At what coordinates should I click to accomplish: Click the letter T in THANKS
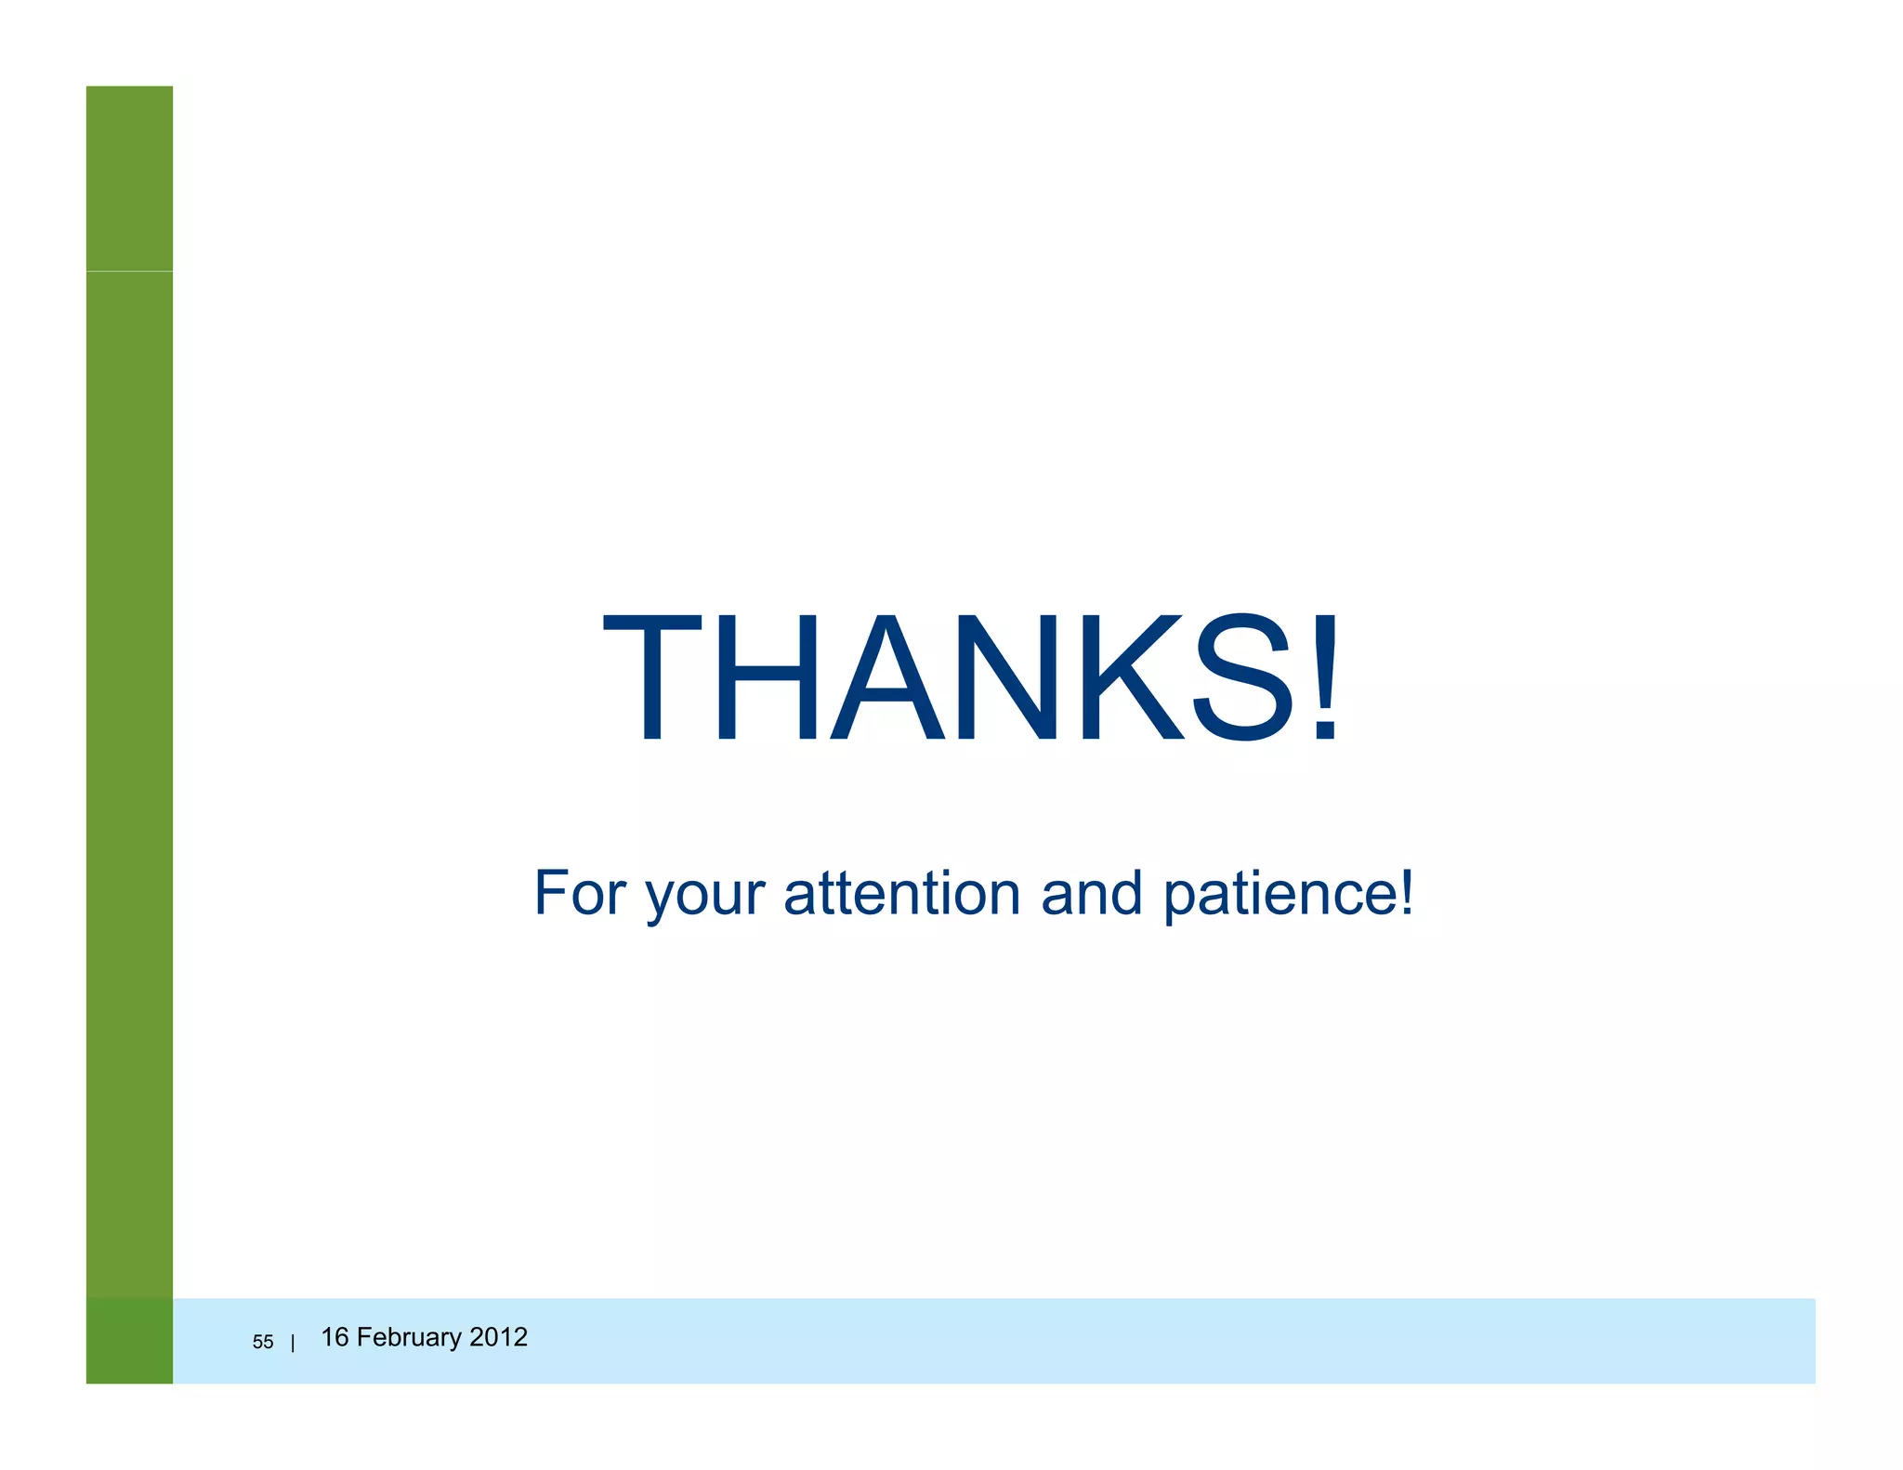(x=652, y=677)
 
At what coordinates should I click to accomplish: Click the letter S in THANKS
(x=1244, y=677)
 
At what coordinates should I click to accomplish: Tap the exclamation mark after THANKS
(x=1324, y=677)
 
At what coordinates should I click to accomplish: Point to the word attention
(x=901, y=893)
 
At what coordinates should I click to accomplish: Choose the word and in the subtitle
(x=1091, y=893)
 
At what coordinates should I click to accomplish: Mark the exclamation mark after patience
(x=1406, y=891)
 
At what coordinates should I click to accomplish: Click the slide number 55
(x=263, y=1342)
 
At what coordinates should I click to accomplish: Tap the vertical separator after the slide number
(x=293, y=1343)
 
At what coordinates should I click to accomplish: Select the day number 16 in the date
(x=335, y=1337)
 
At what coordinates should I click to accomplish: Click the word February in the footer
(x=409, y=1338)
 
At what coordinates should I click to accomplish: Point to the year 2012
(x=498, y=1337)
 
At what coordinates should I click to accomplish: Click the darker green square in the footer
(x=129, y=1340)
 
